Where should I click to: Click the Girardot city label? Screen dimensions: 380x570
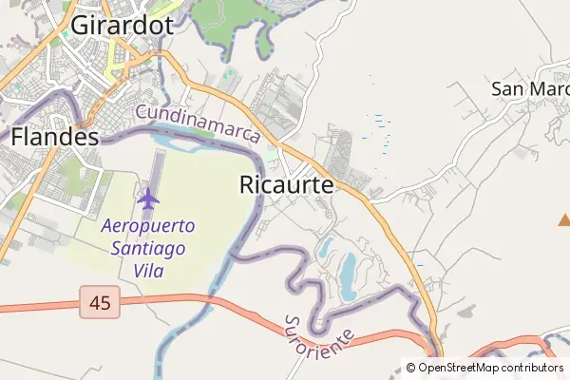tap(122, 25)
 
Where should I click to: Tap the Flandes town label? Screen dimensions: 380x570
tap(55, 137)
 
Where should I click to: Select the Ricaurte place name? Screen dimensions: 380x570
tap(286, 185)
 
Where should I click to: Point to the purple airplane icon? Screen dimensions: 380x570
tap(147, 199)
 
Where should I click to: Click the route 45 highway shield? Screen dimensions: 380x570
tap(100, 304)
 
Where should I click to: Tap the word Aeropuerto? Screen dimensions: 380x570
tap(148, 227)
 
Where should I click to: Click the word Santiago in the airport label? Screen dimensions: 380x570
tap(148, 249)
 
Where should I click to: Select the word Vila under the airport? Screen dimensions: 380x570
tap(149, 271)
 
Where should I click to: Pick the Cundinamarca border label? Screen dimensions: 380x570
tap(198, 123)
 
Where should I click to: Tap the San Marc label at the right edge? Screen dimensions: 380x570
tap(529, 88)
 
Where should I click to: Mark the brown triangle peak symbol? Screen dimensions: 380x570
tap(564, 220)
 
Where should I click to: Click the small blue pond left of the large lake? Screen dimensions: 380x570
tap(326, 248)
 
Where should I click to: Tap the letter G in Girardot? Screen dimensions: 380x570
tap(81, 26)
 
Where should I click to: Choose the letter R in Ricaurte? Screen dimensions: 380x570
tap(247, 185)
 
